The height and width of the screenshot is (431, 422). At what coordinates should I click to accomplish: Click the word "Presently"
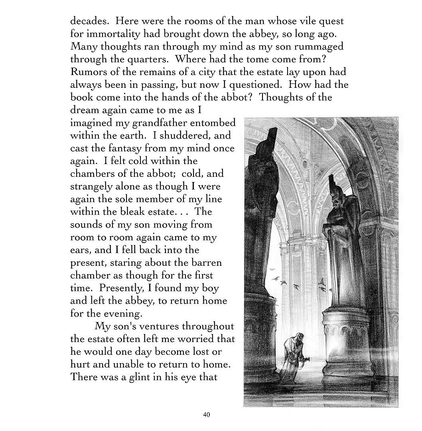pyautogui.click(x=122, y=288)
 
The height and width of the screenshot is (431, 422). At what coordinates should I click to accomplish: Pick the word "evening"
pyautogui.click(x=111, y=314)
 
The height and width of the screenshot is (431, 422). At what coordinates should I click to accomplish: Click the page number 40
pyautogui.click(x=207, y=415)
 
